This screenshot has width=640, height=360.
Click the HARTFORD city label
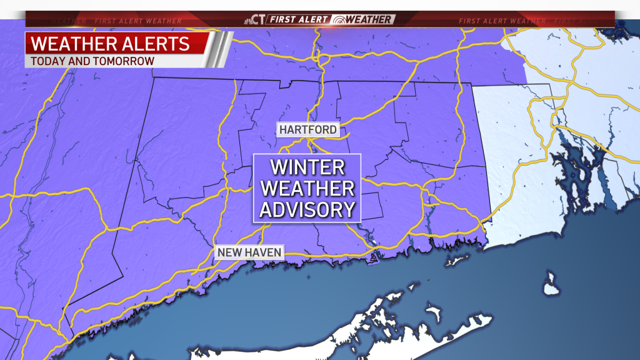[309, 130]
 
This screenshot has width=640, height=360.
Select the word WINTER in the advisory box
[307, 167]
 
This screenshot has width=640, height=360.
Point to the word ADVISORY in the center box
[307, 209]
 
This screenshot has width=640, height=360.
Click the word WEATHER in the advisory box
[307, 188]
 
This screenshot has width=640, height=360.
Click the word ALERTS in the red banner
[156, 44]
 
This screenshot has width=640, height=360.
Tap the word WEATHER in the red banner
[74, 44]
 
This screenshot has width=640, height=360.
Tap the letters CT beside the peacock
[259, 19]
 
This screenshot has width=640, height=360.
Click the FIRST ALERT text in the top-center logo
[298, 19]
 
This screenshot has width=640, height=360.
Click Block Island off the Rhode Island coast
[550, 284]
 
